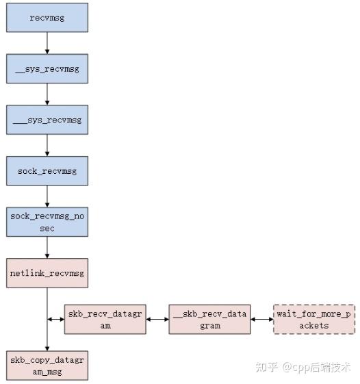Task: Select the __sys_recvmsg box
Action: tap(47, 69)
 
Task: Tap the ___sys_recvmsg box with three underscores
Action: tap(47, 120)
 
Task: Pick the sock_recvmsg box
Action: tap(47, 170)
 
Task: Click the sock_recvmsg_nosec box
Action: tap(47, 222)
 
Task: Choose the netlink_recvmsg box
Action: tap(47, 273)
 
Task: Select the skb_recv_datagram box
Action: tap(105, 320)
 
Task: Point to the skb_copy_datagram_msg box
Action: tap(47, 364)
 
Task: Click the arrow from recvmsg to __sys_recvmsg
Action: tap(47, 44)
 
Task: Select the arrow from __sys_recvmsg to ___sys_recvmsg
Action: tap(47, 94)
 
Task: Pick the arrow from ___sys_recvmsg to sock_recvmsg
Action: tap(47, 145)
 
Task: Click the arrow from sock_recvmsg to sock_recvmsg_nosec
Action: tap(47, 196)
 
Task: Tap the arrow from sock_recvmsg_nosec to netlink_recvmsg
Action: tap(47, 247)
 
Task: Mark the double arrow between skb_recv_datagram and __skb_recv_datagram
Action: tap(157, 320)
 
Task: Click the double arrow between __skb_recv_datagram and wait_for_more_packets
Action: tap(261, 320)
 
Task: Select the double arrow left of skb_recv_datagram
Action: tap(55, 320)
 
